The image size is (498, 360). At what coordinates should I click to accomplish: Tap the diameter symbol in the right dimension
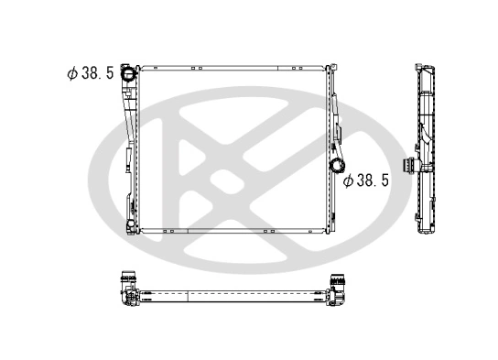(349, 180)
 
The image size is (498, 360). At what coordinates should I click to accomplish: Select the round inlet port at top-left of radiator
(128, 72)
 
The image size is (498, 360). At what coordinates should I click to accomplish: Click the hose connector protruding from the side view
(424, 167)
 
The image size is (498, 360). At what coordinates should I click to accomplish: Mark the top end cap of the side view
(424, 67)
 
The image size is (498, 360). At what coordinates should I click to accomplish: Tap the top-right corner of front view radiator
(326, 67)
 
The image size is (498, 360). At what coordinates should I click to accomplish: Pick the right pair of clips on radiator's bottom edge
(267, 232)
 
